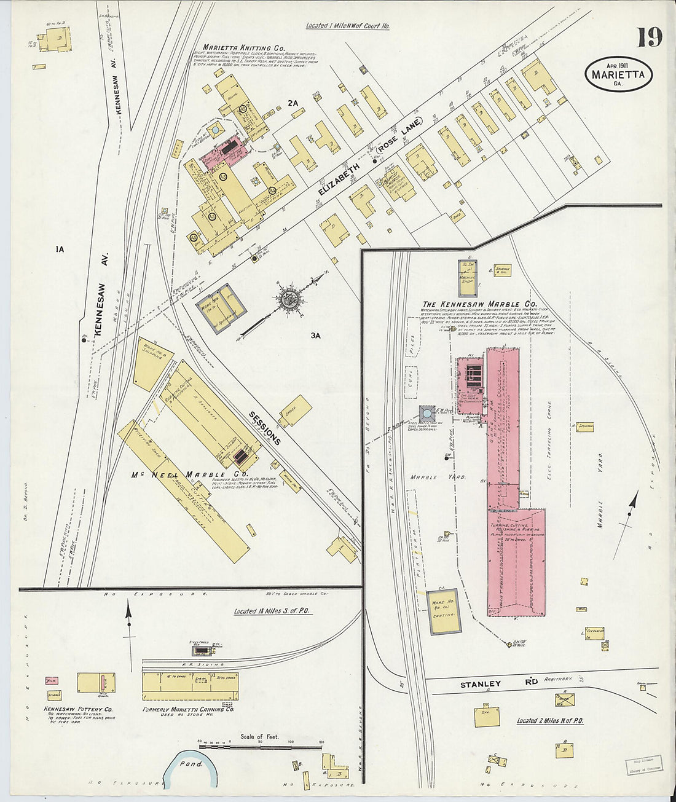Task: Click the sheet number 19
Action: (x=649, y=38)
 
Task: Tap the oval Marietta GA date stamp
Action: (x=618, y=74)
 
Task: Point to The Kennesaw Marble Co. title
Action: (x=479, y=304)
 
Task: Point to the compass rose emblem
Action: (x=289, y=300)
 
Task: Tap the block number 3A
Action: (x=316, y=335)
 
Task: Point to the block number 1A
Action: (x=60, y=249)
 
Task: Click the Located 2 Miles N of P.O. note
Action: (x=549, y=720)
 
